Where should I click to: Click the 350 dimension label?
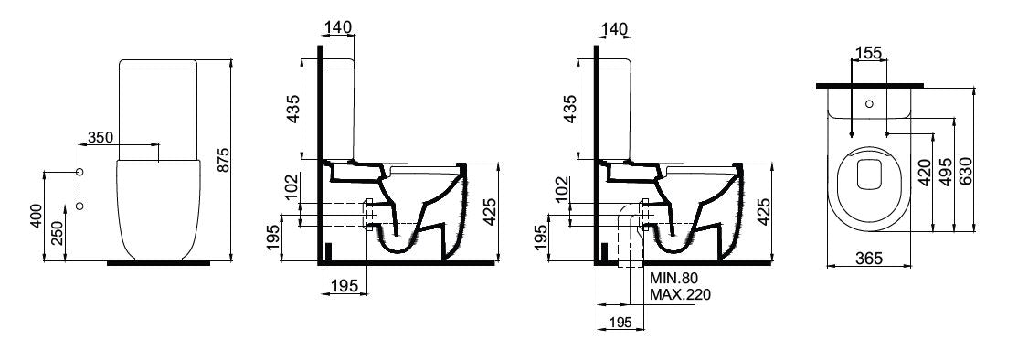pos(101,138)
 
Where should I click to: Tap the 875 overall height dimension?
pos(223,160)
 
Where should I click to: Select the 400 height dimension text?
pos(37,216)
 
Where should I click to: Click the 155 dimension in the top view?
pos(869,53)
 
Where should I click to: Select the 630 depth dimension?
pos(965,173)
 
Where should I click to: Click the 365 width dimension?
pos(869,259)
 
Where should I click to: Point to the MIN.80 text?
pos(673,279)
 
